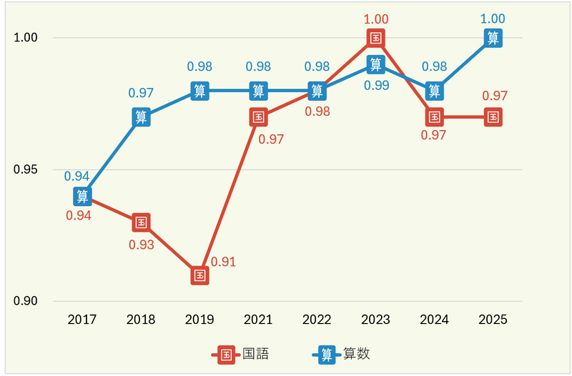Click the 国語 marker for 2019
pos(200,275)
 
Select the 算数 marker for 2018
pos(142,117)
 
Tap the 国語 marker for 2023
pos(376,38)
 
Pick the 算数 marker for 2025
pos(493,38)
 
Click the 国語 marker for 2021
pos(259,117)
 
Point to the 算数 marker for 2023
pos(376,64)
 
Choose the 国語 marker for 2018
pos(142,222)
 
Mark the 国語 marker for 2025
pos(493,117)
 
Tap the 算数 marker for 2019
pos(200,91)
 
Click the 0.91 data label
pos(224,262)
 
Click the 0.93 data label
pos(142,244)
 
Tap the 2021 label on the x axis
pos(259,320)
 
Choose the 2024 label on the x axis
pos(435,320)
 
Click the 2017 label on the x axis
pos(83,320)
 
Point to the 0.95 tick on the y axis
pos(26,170)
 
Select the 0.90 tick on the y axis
pos(26,301)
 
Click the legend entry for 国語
pos(240,354)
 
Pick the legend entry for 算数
pos(342,354)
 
